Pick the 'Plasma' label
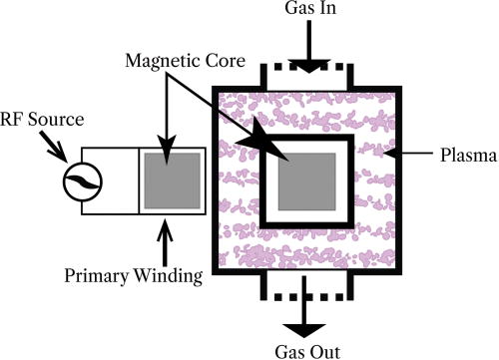coord(462,156)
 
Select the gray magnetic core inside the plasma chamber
coord(305,184)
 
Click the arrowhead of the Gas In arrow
coord(305,65)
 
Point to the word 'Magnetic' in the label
coord(160,61)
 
